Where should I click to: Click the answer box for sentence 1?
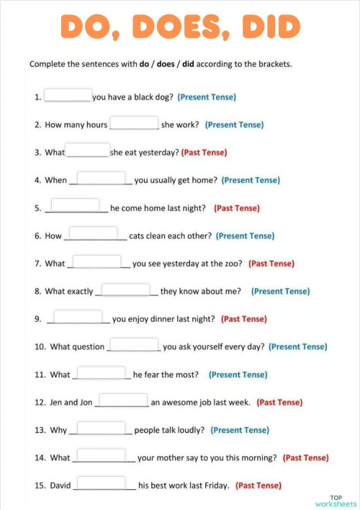click(x=68, y=95)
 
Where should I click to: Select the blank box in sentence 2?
click(x=134, y=123)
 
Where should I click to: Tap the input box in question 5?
click(x=76, y=206)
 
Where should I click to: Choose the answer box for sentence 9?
click(x=78, y=317)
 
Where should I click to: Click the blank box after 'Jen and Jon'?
click(x=123, y=400)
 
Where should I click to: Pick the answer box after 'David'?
click(x=101, y=483)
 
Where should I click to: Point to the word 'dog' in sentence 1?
click(x=163, y=97)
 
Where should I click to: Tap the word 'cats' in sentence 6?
click(x=138, y=236)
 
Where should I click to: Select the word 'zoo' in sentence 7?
click(x=234, y=264)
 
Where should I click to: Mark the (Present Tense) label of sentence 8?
click(x=280, y=292)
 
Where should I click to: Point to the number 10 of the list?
click(x=40, y=347)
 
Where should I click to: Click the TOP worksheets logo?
click(x=336, y=501)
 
